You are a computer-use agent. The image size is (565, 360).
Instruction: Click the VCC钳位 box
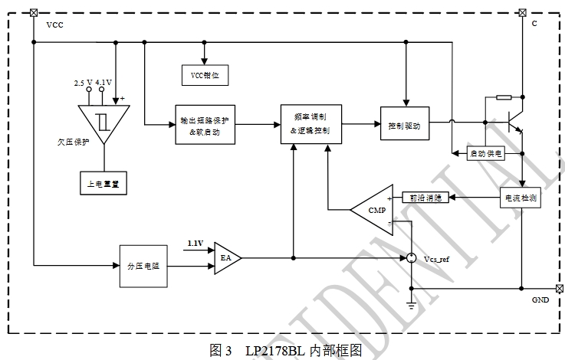[205, 75]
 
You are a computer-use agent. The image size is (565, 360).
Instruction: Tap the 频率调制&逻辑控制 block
[311, 123]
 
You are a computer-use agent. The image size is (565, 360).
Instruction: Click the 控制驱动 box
[405, 124]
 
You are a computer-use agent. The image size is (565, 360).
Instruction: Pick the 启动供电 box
[486, 154]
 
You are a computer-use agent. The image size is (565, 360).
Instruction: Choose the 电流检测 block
[521, 198]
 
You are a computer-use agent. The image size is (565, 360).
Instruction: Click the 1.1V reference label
[195, 244]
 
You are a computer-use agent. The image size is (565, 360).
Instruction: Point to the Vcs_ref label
[437, 260]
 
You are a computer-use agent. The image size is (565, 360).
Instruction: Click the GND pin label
[540, 301]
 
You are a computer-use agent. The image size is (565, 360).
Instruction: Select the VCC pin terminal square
[33, 12]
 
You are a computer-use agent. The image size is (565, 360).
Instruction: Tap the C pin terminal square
[523, 12]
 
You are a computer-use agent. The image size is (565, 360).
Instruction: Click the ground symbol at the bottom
[411, 306]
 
